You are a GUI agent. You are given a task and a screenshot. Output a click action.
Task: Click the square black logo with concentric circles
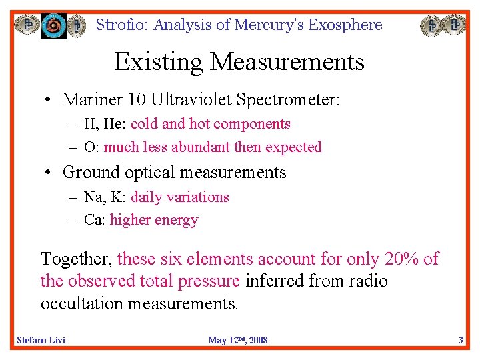[x=54, y=25]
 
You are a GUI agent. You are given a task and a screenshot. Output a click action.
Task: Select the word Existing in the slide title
[x=158, y=62]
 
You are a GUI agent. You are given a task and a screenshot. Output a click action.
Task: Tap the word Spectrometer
[x=290, y=100]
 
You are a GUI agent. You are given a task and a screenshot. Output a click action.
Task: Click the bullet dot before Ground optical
[x=49, y=173]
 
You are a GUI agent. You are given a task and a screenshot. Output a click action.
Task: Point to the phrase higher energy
[x=154, y=220]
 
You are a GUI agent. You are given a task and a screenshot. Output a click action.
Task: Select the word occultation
[x=83, y=304]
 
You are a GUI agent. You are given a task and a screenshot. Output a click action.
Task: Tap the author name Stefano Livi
[x=41, y=341]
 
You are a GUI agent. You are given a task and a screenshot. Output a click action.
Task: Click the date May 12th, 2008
[x=238, y=341]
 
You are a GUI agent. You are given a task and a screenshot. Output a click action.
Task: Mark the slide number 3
[x=460, y=341]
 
